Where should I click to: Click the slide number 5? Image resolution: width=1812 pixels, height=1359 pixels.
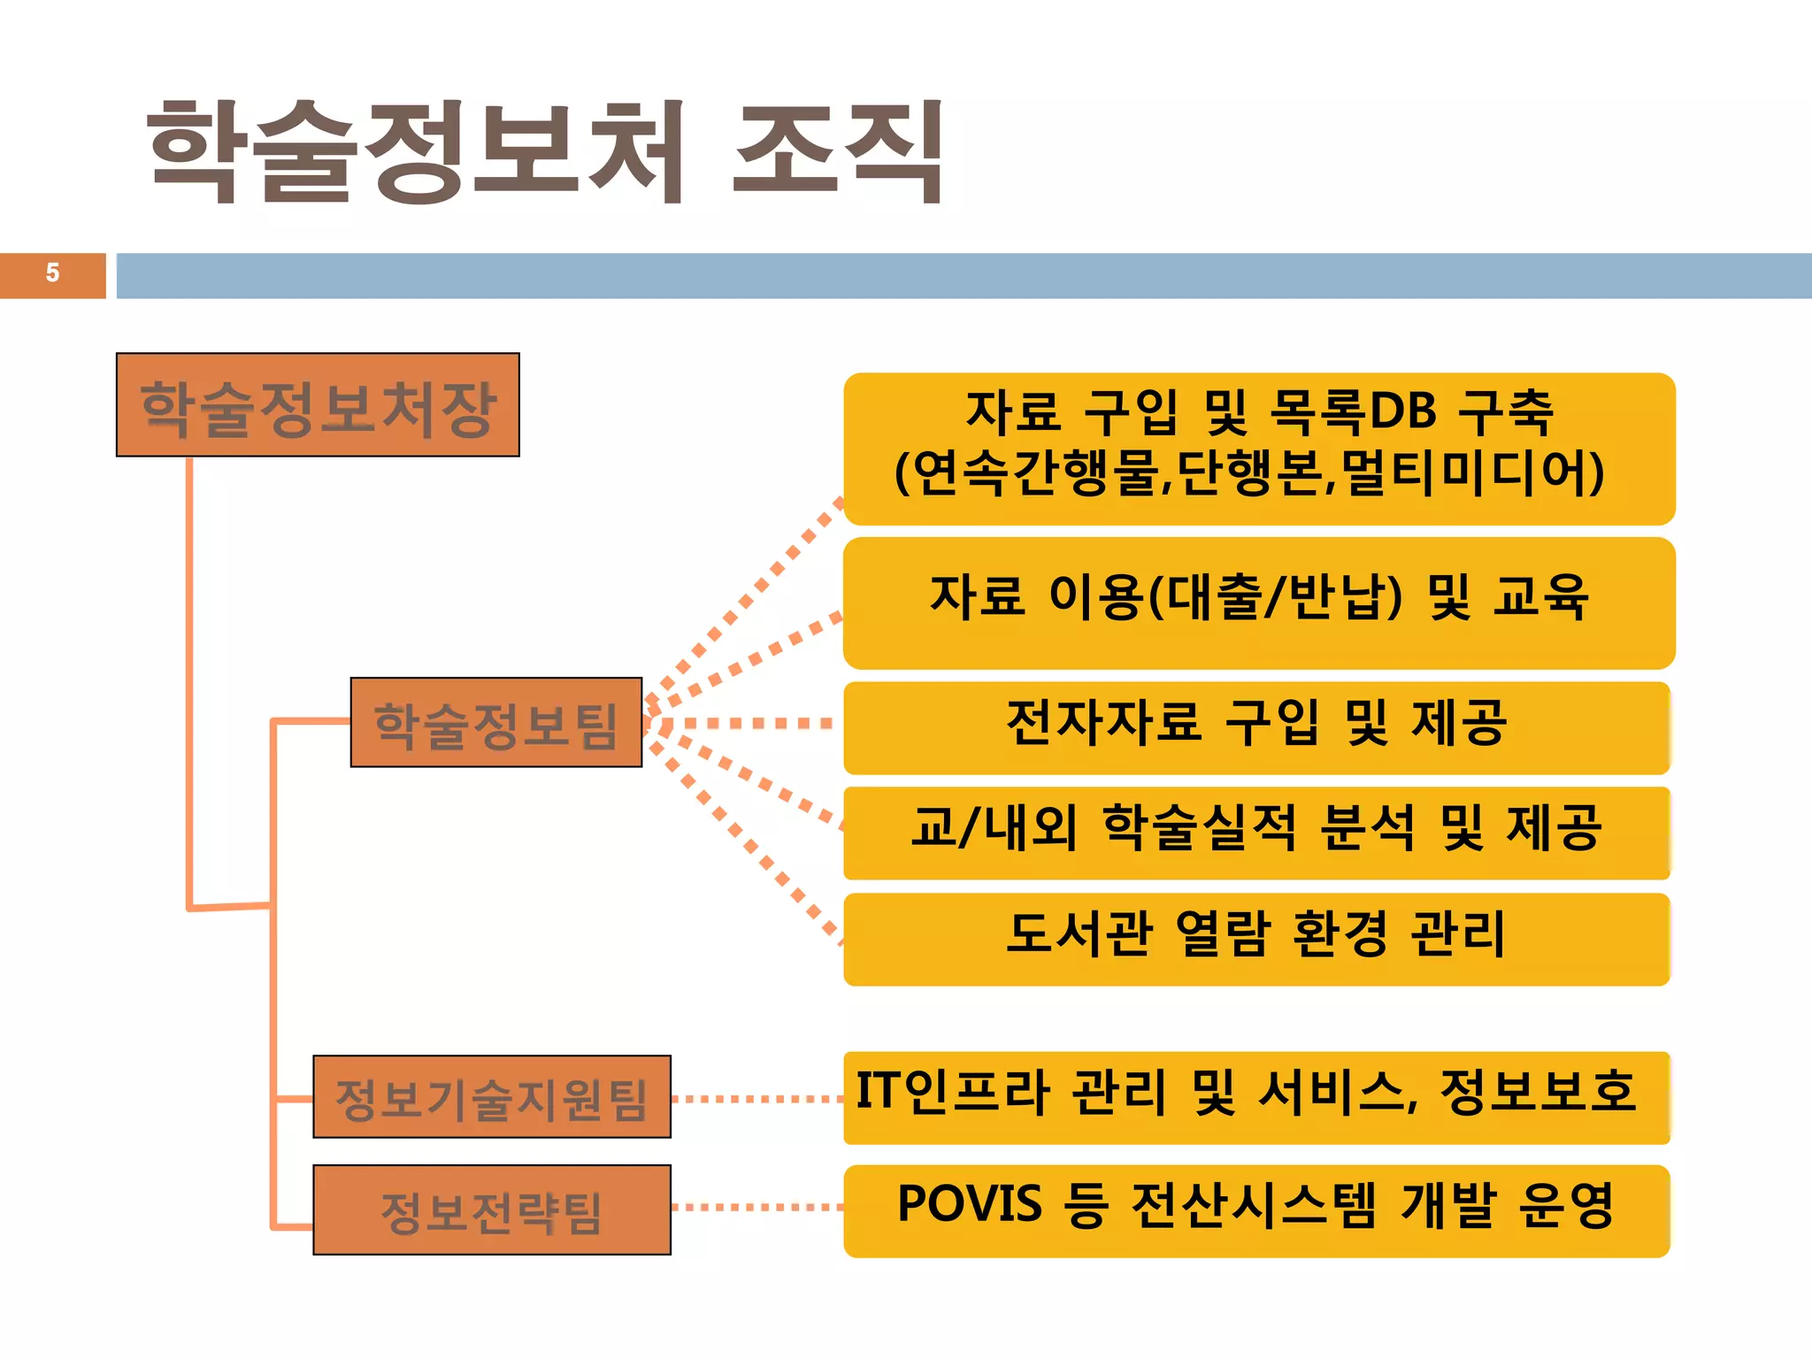[x=52, y=273]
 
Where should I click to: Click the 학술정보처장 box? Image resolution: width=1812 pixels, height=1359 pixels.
[x=318, y=405]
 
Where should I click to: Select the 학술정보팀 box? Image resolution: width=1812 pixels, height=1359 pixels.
[x=495, y=723]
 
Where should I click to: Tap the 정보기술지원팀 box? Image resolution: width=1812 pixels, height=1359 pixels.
[x=492, y=1097]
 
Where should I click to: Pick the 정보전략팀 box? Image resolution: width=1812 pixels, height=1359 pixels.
[x=492, y=1210]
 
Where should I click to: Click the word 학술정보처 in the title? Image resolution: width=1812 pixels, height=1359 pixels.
[x=416, y=150]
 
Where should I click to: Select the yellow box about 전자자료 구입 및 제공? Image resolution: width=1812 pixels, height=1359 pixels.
[x=1256, y=727]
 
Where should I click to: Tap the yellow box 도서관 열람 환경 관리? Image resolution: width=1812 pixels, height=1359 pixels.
[x=1256, y=939]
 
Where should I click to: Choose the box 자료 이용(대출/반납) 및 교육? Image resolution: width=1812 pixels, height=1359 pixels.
[x=1258, y=603]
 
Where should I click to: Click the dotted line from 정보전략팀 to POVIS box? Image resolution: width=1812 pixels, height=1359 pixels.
[x=757, y=1207]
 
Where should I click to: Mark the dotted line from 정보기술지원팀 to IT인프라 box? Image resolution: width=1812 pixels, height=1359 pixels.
[x=757, y=1099]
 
